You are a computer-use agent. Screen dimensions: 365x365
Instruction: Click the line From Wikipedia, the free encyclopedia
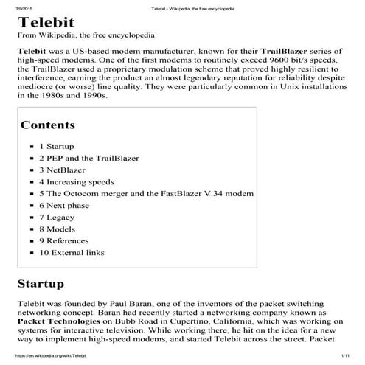86,35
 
